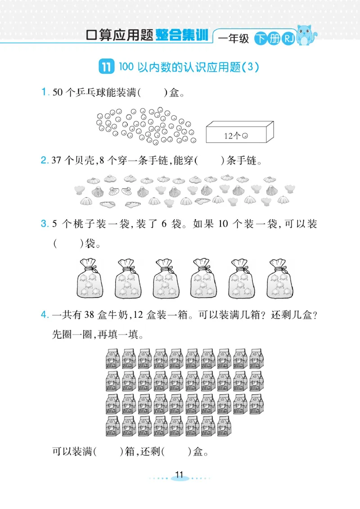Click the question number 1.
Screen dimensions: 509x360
45,93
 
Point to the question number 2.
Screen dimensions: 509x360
45,160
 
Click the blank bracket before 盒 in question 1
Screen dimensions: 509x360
152,93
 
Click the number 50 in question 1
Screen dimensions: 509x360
58,93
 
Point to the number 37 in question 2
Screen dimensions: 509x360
57,161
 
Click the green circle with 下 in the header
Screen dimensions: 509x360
260,39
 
